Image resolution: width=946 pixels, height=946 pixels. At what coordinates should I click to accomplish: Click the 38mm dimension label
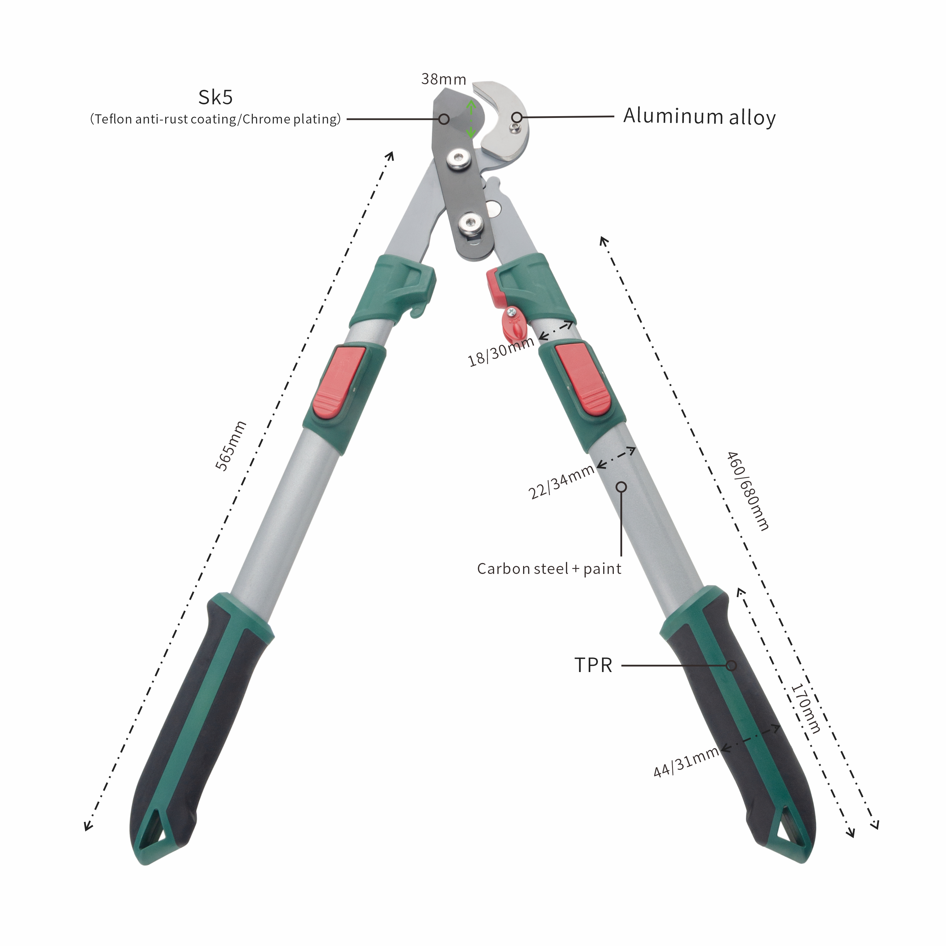[x=444, y=79]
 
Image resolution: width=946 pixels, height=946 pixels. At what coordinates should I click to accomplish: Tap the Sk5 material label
[x=215, y=98]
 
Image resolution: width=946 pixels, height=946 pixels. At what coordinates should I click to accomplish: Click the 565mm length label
[x=231, y=446]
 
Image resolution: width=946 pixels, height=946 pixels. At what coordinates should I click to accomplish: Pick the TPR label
[x=593, y=665]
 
